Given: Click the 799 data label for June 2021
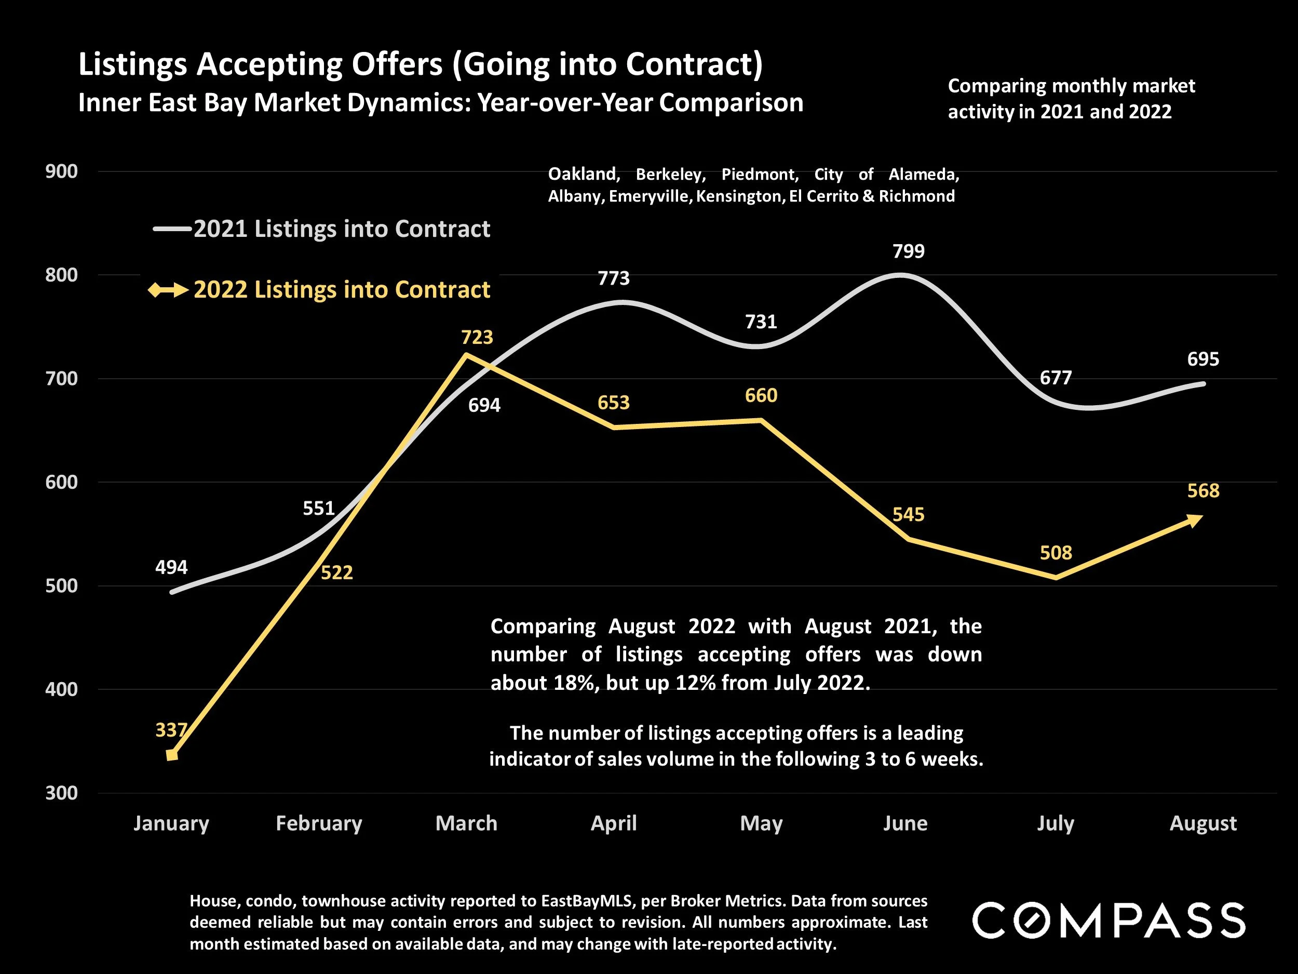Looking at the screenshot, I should pos(909,251).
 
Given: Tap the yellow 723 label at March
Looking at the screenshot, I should pos(477,338).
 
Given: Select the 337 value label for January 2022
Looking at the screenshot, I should pos(171,730).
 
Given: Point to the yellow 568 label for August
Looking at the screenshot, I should pos(1203,491).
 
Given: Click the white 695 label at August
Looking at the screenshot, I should pos(1203,359).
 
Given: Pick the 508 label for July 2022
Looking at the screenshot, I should pos(1056,553).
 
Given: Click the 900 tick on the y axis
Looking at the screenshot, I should pos(62,171).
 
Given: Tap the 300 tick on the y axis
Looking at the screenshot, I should pos(62,793).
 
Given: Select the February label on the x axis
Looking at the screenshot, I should pos(319,823).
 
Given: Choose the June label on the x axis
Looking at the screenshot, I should pos(905,823).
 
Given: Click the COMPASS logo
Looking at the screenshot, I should pos(1108,920).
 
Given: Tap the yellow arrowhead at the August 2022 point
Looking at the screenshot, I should pos(1195,519).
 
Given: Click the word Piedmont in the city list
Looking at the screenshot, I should pos(759,175).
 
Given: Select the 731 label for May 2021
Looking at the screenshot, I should pos(761,322).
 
